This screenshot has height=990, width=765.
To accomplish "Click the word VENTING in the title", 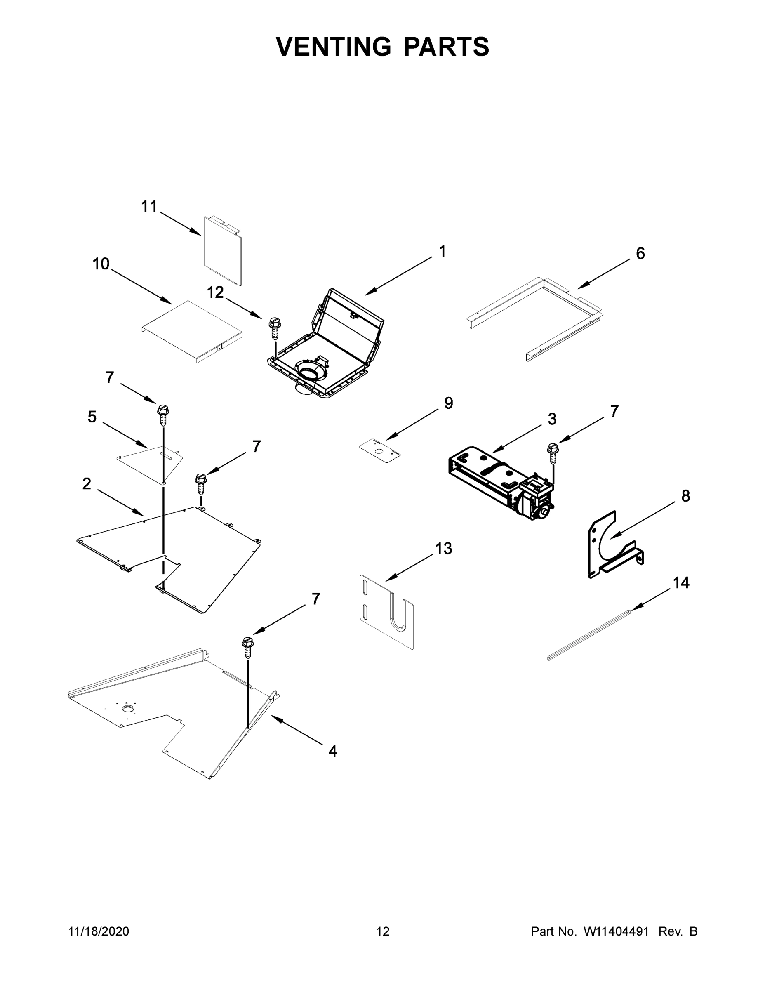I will click(334, 46).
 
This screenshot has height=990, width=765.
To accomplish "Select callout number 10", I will click(101, 264).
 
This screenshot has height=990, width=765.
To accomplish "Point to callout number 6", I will click(640, 254).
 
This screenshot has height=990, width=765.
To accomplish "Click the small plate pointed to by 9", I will click(380, 450).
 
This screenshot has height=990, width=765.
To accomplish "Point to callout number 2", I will click(87, 484).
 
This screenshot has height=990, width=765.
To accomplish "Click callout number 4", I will click(333, 752).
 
